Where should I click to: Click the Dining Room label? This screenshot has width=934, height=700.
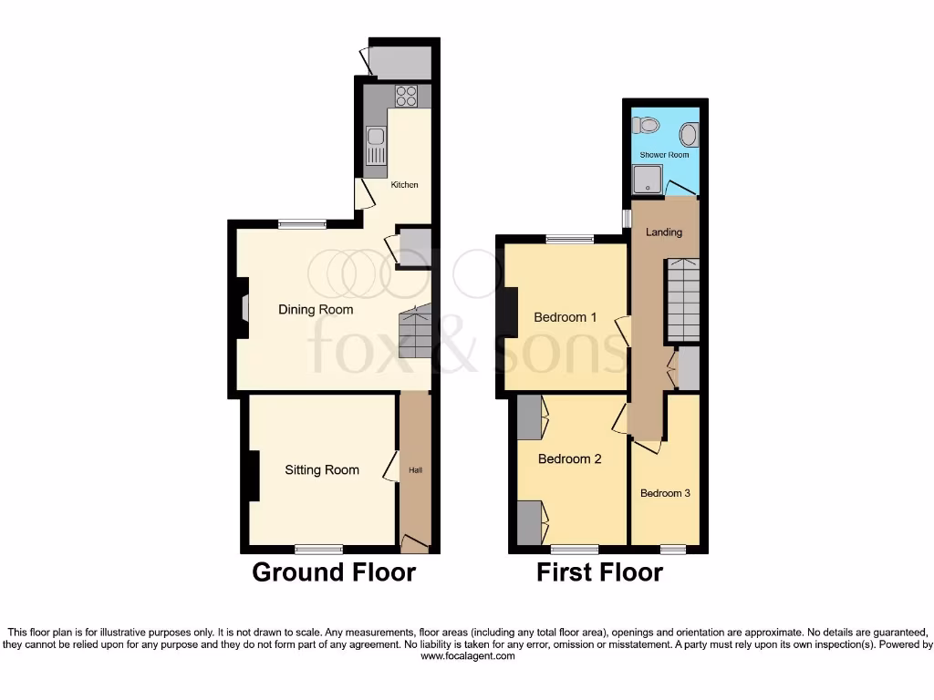[x=316, y=310]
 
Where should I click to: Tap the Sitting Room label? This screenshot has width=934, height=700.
[x=322, y=470]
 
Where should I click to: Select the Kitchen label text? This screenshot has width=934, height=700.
[x=405, y=185]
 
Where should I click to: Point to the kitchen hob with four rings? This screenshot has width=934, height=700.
[x=406, y=96]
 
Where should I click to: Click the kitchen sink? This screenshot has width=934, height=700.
[x=375, y=147]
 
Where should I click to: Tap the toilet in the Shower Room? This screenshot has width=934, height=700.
[x=649, y=124]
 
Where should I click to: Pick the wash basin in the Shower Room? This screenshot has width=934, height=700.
[x=689, y=136]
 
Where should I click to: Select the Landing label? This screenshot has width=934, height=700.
[x=664, y=232]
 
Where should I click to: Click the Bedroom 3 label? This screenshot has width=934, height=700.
[x=665, y=493]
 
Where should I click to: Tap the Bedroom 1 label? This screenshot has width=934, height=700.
[x=566, y=317]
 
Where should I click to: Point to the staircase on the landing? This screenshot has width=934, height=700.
[x=682, y=298]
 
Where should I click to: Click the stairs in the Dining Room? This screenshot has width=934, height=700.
[x=415, y=333]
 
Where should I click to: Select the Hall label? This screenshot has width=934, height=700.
[x=415, y=470]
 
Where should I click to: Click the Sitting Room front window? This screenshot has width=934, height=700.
[x=319, y=549]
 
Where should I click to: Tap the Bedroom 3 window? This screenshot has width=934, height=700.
[x=673, y=549]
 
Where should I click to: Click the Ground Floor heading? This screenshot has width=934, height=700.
[x=334, y=572]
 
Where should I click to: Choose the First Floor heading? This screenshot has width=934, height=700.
[x=599, y=572]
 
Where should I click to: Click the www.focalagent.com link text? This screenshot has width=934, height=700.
[x=467, y=655]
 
